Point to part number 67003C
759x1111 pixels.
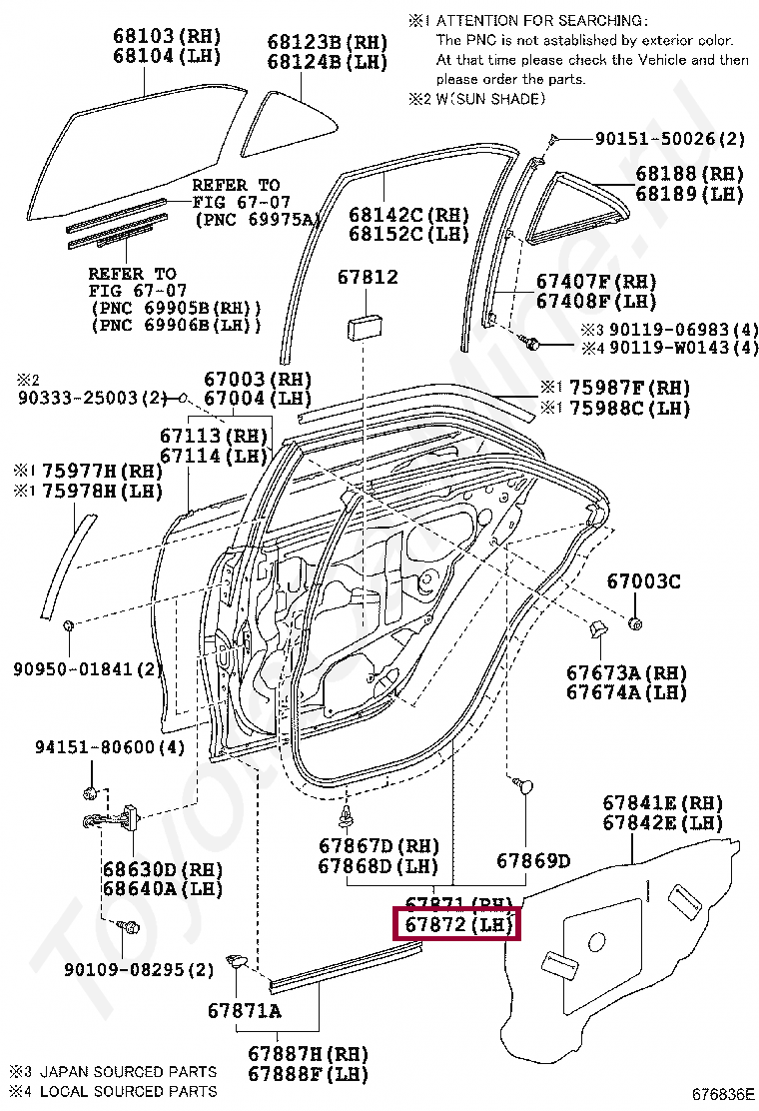(x=644, y=581)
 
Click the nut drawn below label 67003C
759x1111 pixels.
(x=636, y=624)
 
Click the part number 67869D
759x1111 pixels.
(x=533, y=861)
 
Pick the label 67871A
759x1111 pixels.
(x=245, y=1011)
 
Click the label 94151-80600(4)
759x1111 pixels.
(x=96, y=747)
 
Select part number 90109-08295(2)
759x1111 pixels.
(x=140, y=969)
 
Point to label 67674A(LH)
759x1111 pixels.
(x=626, y=691)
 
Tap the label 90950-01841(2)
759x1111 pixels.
(x=88, y=667)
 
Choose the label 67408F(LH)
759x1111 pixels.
(x=596, y=301)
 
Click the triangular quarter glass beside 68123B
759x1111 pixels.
(x=289, y=124)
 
